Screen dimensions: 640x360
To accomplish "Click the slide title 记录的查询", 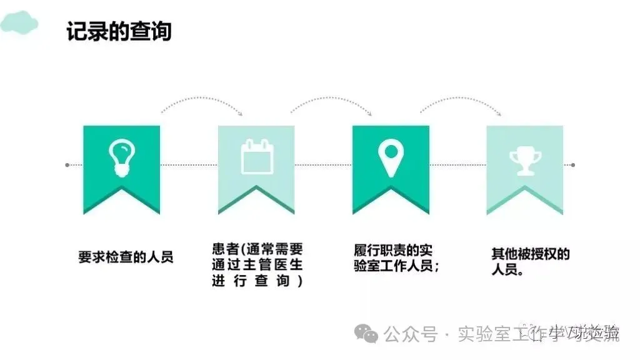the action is click(x=119, y=31).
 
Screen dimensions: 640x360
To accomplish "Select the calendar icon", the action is click(x=256, y=156).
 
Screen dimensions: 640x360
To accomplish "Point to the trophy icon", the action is click(x=525, y=159).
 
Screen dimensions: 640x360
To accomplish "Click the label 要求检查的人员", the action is click(x=125, y=257).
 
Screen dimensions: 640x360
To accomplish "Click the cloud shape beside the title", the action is click(x=19, y=23).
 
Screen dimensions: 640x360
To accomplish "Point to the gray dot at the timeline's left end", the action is click(x=67, y=165).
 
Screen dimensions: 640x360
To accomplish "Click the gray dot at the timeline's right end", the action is click(x=572, y=165).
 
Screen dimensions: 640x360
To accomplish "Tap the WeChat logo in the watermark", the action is click(x=366, y=334).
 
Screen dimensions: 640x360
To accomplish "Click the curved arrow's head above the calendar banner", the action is click(x=241, y=113).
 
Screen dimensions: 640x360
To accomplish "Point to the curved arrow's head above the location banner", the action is click(x=370, y=113).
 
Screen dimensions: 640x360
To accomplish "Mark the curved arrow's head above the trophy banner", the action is click(x=499, y=113).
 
